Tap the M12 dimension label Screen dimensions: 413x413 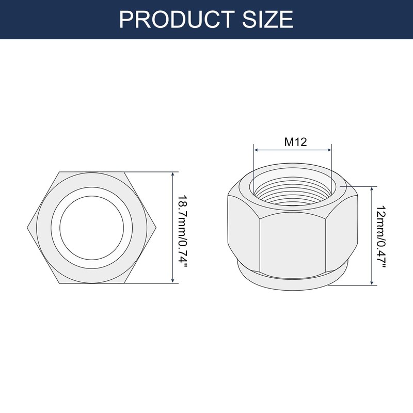(x=296, y=142)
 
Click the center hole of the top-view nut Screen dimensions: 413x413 (x=91, y=227)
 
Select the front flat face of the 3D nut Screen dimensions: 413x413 (x=293, y=243)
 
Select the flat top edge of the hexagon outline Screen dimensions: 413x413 (x=91, y=172)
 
